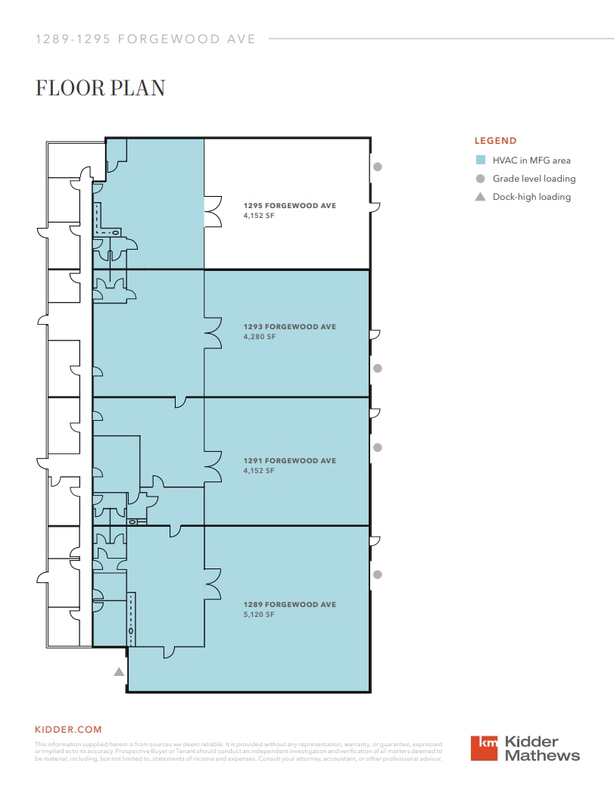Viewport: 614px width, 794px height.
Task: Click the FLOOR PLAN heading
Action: coord(100,88)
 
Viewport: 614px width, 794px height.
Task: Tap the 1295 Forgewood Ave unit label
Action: coord(289,205)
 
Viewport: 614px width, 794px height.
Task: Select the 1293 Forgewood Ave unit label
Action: coord(289,327)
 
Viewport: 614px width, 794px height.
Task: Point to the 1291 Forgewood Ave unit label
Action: coord(289,460)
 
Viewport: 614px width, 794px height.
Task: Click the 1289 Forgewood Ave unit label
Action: coord(289,605)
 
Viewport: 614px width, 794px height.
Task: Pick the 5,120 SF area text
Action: coord(259,615)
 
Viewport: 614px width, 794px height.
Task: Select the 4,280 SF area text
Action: coord(259,337)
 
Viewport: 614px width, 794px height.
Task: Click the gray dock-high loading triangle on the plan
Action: coord(118,671)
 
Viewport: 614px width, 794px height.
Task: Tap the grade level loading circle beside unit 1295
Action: coord(378,167)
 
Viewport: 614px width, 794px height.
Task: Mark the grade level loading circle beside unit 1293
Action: coord(378,368)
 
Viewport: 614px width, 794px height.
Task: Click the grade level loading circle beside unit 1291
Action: coord(378,447)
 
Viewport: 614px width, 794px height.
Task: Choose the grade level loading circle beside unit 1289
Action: coord(378,574)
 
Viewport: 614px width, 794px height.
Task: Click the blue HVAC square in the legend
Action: coord(480,160)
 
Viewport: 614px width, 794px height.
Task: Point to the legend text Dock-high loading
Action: coord(531,197)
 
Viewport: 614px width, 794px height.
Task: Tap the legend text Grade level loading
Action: coord(534,179)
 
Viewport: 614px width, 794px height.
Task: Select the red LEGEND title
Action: coord(495,141)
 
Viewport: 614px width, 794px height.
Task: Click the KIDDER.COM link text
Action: coord(68,730)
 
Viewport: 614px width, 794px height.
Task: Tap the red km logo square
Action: coord(485,748)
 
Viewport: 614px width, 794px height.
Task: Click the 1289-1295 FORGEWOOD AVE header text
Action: coord(145,39)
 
